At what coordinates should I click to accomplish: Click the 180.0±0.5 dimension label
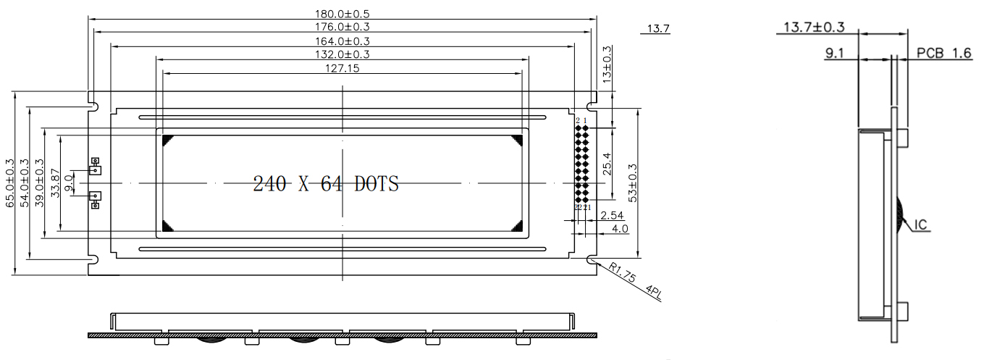(342, 14)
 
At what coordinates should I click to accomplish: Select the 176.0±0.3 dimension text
(342, 27)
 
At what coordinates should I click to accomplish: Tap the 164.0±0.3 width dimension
(342, 41)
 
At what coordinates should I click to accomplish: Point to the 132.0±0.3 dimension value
(342, 54)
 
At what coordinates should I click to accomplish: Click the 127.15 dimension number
(342, 68)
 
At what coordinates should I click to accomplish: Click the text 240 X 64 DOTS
(326, 184)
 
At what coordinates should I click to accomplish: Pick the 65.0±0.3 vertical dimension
(9, 183)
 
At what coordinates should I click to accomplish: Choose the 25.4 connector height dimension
(607, 163)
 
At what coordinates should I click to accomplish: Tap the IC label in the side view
(922, 225)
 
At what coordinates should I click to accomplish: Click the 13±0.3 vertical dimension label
(607, 63)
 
